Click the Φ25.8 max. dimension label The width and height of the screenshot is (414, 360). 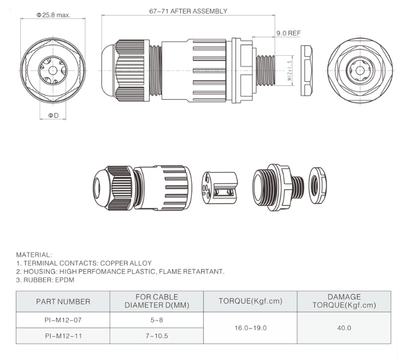(54, 15)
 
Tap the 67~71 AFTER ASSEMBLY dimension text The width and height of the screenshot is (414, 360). (188, 11)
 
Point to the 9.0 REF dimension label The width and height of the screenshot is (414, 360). (288, 33)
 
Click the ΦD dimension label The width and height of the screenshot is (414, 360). (53, 116)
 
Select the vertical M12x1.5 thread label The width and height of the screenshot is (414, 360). (290, 71)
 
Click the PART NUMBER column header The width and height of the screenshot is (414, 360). (63, 301)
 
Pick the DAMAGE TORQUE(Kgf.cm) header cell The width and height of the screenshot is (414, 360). (344, 301)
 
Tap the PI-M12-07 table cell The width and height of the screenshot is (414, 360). (63, 320)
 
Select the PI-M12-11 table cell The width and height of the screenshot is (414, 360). (63, 336)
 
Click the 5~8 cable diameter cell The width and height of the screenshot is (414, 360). (157, 320)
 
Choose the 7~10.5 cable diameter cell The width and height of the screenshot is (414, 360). (157, 336)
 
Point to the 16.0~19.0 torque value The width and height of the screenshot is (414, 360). (250, 328)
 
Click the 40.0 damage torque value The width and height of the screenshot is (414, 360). (344, 328)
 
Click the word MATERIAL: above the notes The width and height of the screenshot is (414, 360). (34, 255)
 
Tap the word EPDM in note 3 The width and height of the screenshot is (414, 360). (65, 280)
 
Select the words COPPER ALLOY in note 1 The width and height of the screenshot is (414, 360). (126, 264)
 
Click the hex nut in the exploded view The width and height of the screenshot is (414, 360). (318, 186)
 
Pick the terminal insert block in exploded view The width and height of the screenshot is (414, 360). (219, 187)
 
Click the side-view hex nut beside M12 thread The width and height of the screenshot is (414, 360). (306, 71)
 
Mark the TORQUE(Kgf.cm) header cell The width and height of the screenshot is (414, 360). (250, 301)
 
